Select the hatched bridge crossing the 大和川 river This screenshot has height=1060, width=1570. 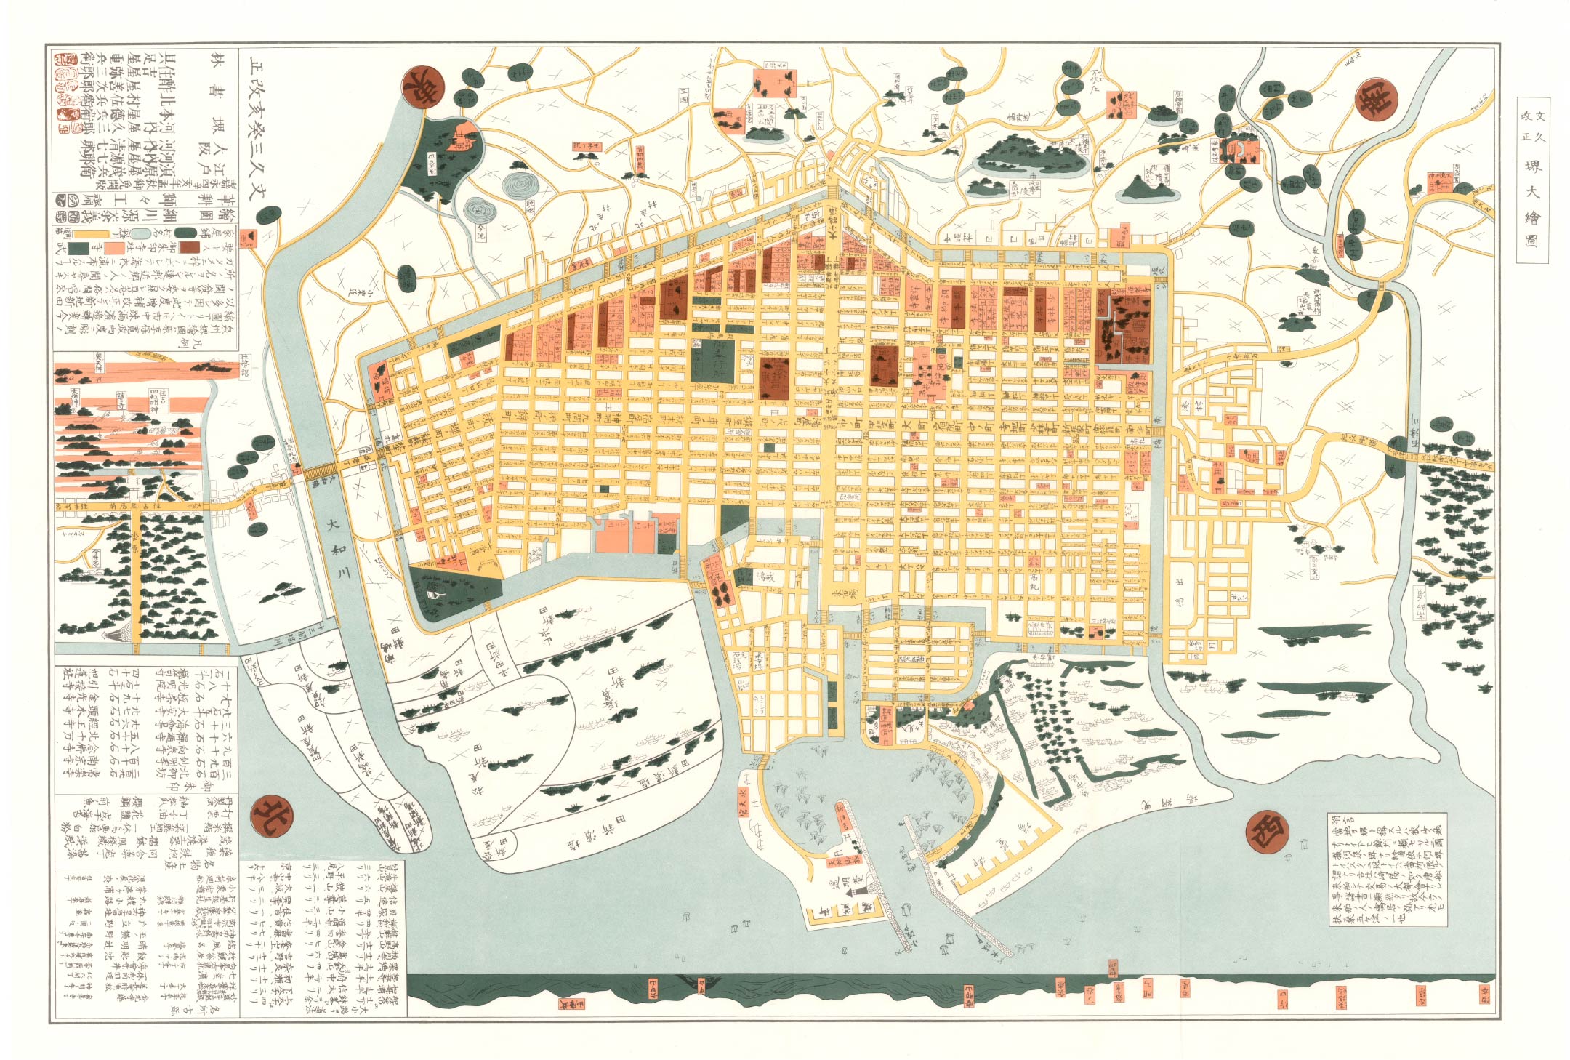320,471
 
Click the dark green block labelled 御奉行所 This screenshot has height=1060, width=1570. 712,361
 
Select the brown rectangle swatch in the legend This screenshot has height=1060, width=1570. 190,247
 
